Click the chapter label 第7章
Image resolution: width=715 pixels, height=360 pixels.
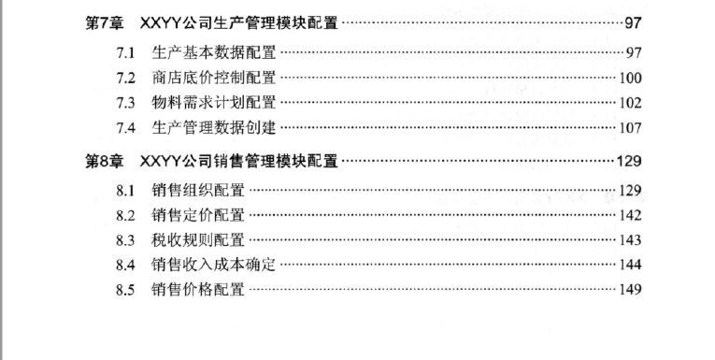105,22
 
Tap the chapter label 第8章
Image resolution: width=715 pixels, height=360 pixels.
105,161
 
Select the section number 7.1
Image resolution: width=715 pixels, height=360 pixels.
125,53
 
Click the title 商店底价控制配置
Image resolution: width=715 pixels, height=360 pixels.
214,78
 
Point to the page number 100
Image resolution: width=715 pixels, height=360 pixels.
630,78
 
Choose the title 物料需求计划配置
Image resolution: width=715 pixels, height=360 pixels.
214,102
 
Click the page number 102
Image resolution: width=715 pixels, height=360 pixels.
630,103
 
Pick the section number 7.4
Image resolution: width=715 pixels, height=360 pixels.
125,128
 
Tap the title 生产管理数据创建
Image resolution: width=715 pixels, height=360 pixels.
214,127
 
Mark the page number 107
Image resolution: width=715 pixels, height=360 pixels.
630,128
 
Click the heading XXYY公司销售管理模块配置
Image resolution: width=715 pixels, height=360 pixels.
239,161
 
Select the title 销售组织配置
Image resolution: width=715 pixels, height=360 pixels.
198,190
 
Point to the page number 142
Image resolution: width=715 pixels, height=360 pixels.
630,215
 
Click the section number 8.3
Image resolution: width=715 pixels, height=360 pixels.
125,240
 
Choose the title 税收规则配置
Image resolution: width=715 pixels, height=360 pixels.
198,239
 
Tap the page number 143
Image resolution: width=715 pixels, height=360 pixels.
630,240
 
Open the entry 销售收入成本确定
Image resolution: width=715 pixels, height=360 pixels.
214,265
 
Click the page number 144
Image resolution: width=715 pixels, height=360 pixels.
630,265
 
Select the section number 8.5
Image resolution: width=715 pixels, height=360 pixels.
125,290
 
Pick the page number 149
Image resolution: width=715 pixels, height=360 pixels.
630,289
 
